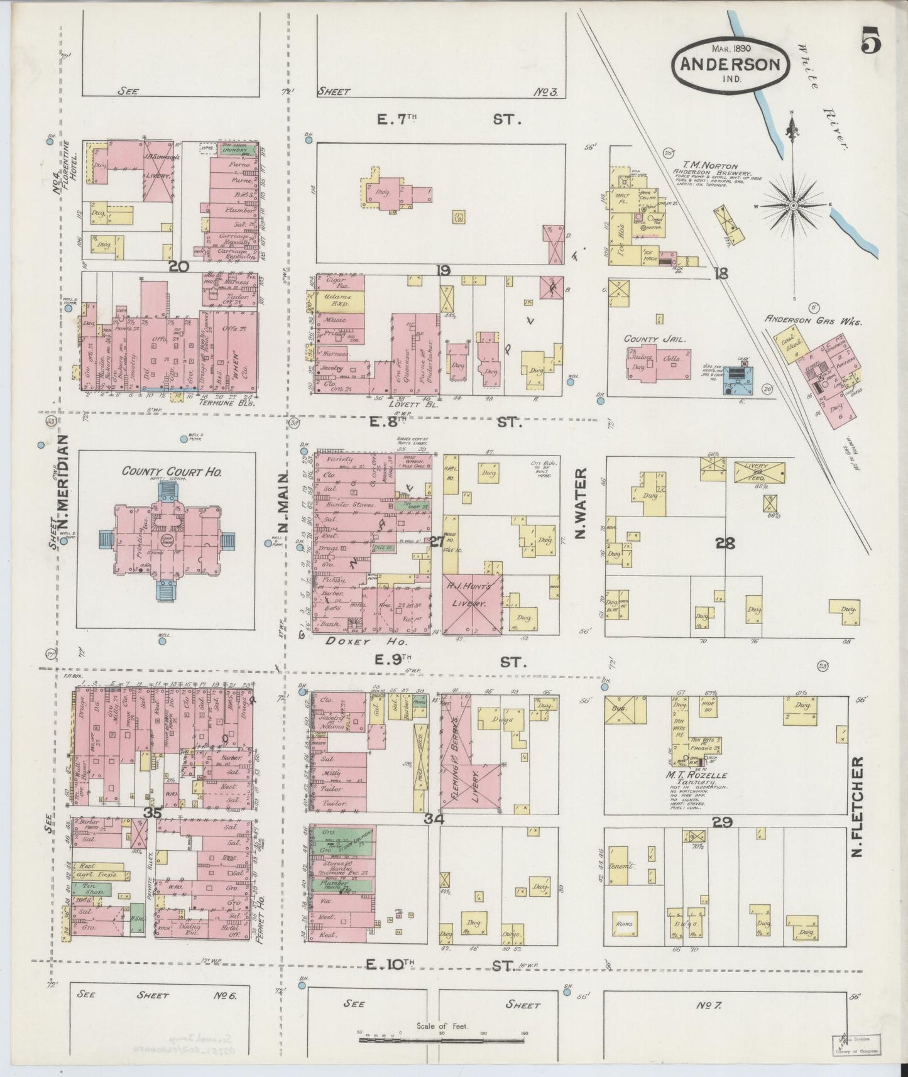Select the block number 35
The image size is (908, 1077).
click(153, 812)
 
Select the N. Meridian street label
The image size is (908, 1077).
click(65, 489)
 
